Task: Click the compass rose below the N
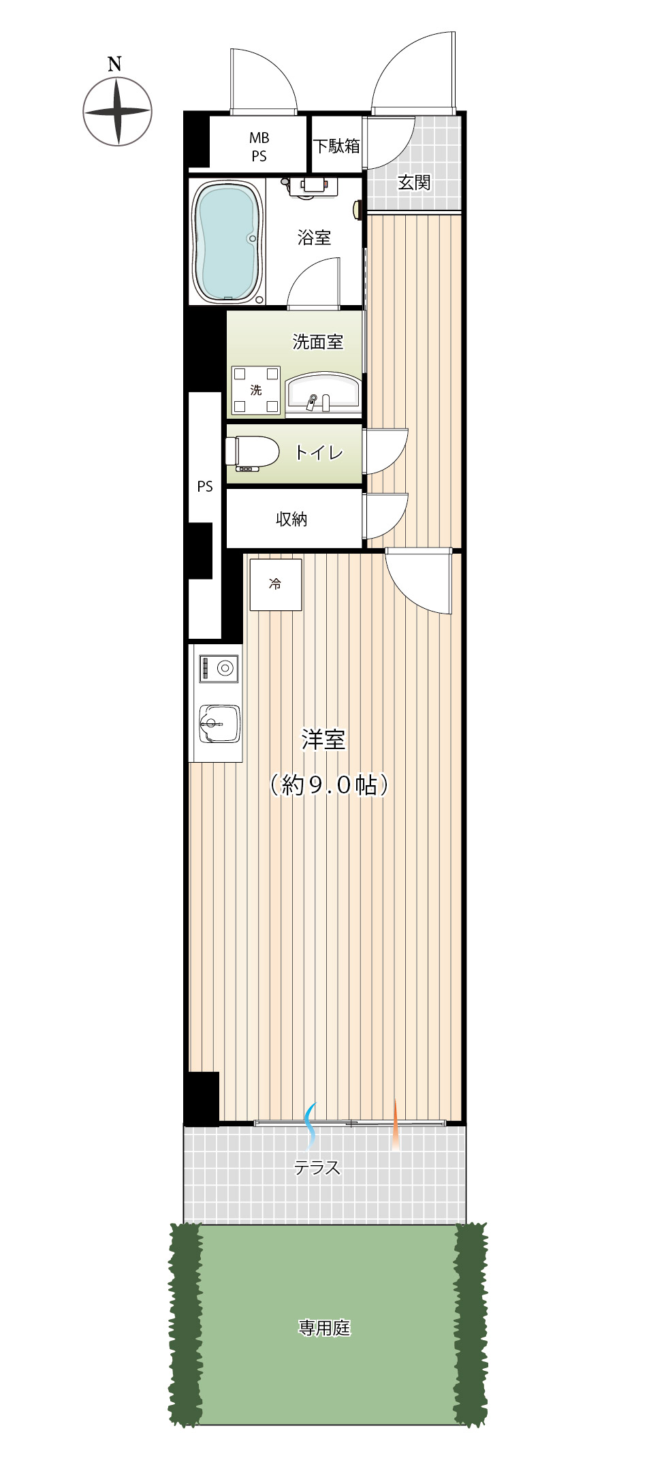117,111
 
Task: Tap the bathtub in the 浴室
227,242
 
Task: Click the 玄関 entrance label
414,183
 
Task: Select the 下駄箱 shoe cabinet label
336,146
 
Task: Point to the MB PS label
259,147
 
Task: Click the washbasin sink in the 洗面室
323,394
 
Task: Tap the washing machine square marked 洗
255,390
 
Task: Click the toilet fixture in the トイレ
252,453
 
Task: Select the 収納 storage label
291,519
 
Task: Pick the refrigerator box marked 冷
275,584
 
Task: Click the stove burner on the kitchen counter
219,668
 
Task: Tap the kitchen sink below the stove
219,723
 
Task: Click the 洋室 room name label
323,740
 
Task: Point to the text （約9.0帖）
329,785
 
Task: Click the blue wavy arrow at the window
311,1124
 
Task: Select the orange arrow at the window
395,1124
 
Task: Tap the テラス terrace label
317,1168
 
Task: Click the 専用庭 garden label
324,1328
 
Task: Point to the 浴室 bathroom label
314,238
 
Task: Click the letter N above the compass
114,64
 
